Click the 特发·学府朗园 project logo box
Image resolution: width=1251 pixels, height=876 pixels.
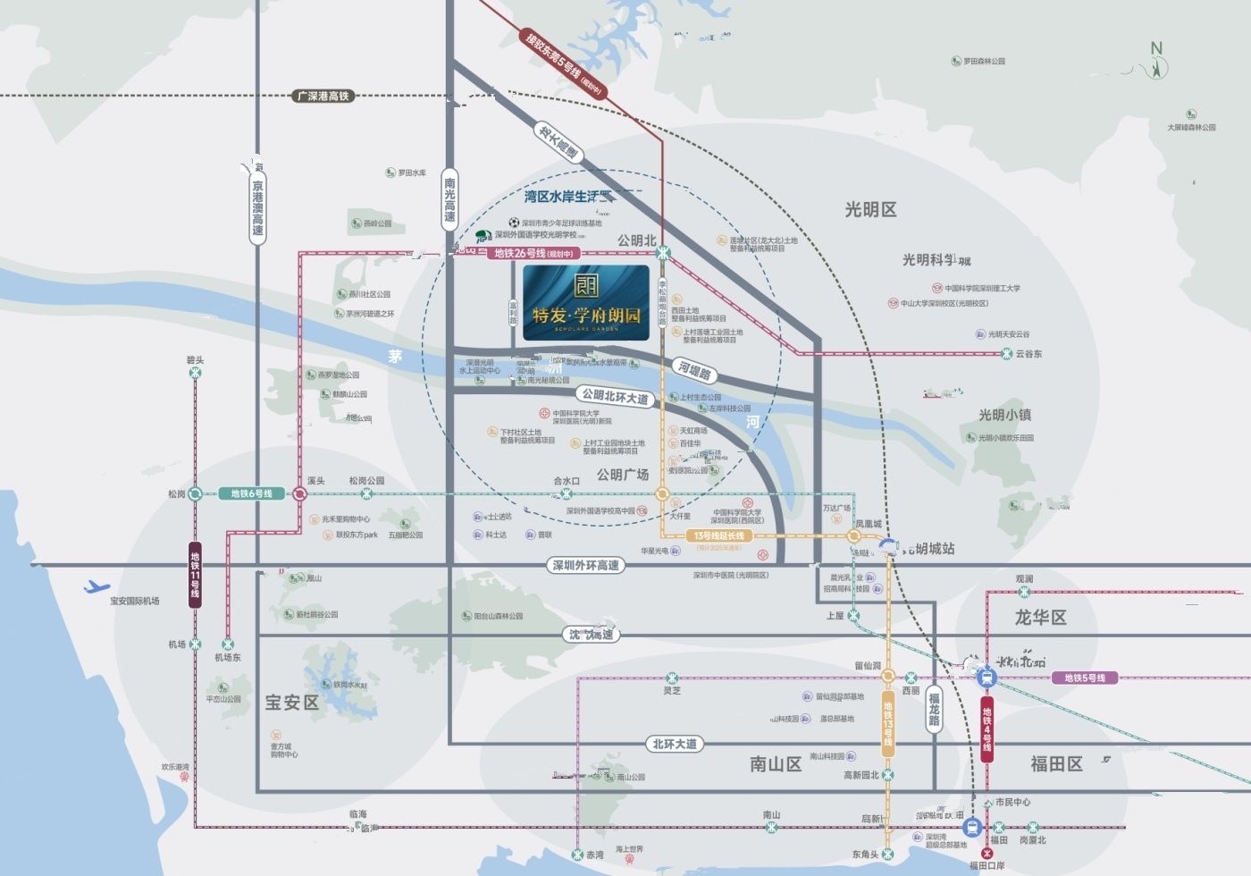(x=586, y=302)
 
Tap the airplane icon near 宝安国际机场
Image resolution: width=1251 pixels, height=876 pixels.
(x=97, y=587)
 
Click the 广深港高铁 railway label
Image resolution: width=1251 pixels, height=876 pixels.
(x=323, y=96)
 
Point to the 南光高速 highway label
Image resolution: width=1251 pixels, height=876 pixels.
(x=449, y=199)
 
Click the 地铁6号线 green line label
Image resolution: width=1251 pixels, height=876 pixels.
(x=251, y=493)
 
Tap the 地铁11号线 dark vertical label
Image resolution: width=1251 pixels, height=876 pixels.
(x=195, y=575)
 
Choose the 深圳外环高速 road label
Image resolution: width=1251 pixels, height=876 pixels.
(x=585, y=565)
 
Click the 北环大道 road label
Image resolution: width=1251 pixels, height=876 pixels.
(x=675, y=744)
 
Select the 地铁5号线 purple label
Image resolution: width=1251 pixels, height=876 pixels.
(x=1084, y=678)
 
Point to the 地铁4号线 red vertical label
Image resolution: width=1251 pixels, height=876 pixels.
(x=987, y=729)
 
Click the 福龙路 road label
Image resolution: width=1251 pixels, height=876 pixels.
(x=934, y=709)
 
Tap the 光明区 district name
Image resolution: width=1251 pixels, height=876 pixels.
(x=870, y=209)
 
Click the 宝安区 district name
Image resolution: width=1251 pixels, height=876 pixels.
(x=291, y=703)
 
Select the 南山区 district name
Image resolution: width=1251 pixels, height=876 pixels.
(x=775, y=764)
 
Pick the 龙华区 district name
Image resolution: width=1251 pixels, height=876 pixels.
(x=1040, y=618)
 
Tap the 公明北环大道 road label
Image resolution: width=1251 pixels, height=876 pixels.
(x=615, y=396)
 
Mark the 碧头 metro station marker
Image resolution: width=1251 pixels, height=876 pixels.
(x=195, y=373)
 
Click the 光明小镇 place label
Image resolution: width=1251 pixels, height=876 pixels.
(x=1004, y=415)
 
